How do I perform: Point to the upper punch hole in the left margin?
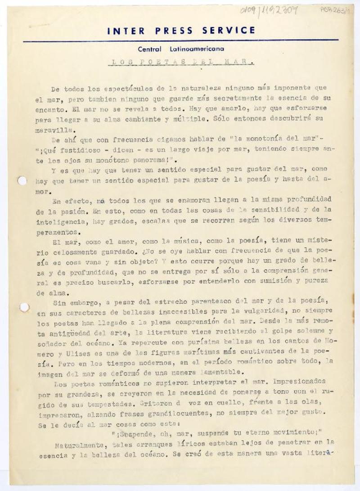pos(22,181)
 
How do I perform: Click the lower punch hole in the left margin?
pos(24,307)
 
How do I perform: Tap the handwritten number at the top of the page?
pos(269,10)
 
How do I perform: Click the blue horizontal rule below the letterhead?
pos(180,41)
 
